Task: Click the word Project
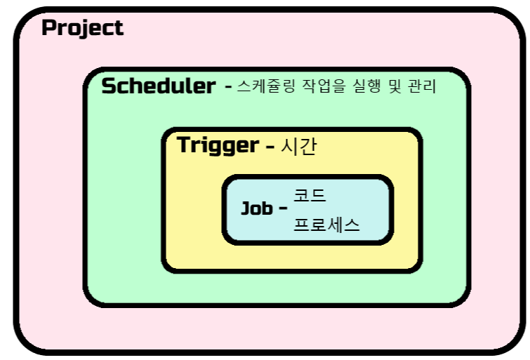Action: (x=82, y=29)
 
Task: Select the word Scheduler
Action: (x=158, y=86)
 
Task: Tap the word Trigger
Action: (x=218, y=145)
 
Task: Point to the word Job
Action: (x=256, y=208)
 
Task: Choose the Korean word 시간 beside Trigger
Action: (x=299, y=146)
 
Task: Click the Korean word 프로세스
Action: (x=326, y=225)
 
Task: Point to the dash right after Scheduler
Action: (x=227, y=88)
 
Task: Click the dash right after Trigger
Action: (x=270, y=147)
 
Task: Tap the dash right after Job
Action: (x=283, y=210)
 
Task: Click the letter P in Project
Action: (x=49, y=29)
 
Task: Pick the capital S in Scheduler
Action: (x=110, y=86)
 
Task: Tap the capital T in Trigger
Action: (x=184, y=145)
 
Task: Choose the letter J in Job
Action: (x=246, y=208)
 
